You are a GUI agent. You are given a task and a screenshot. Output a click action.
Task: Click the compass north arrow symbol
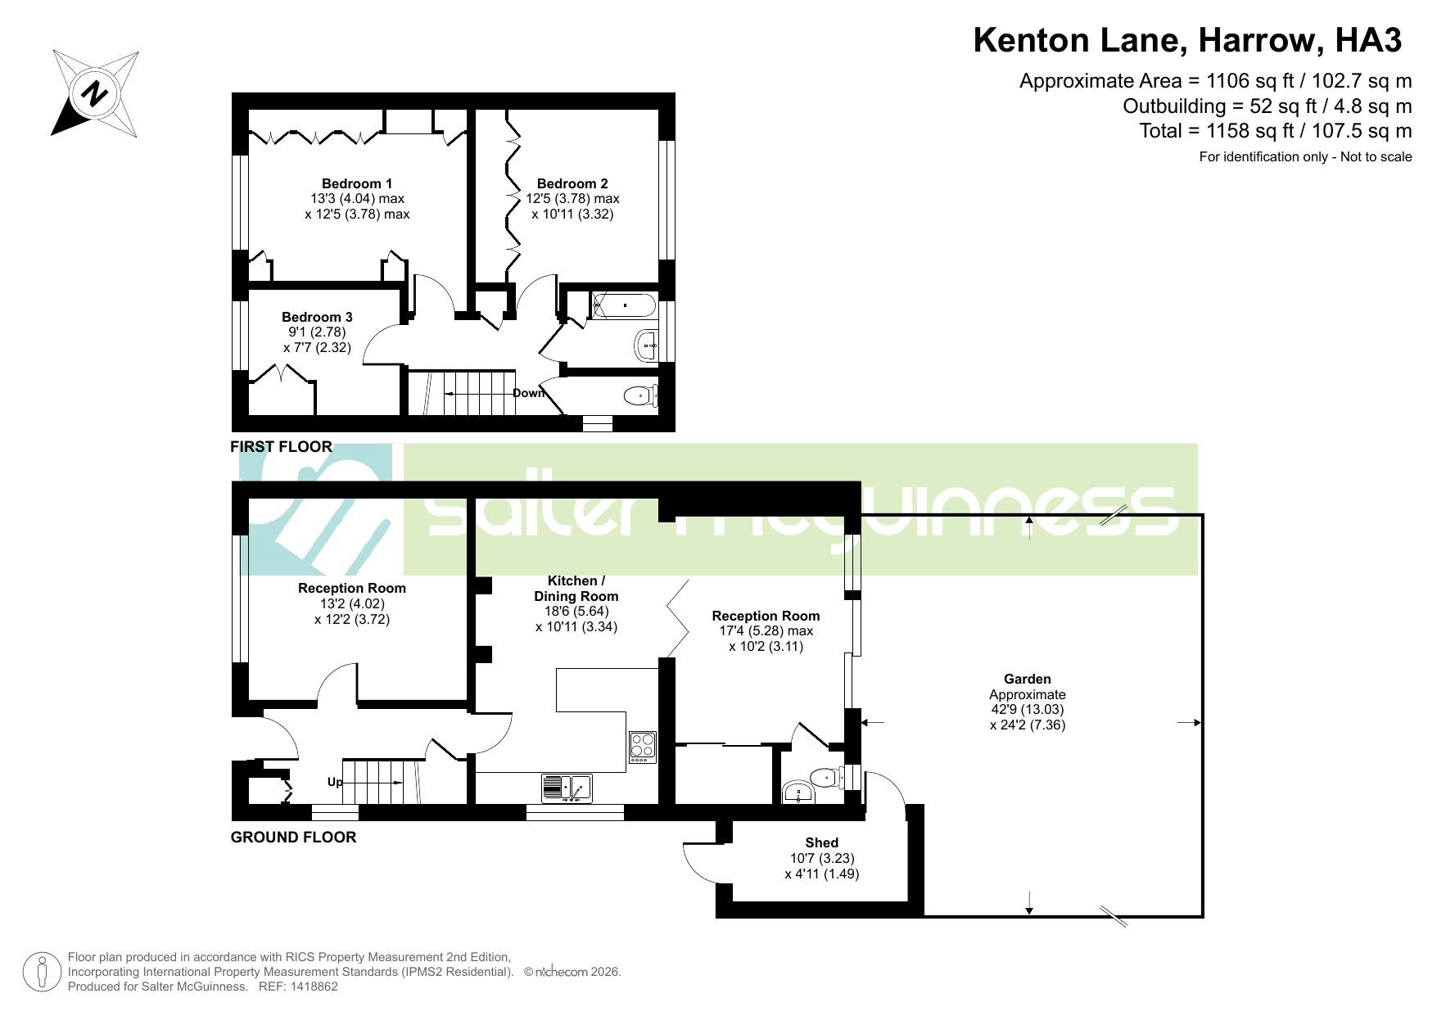click(x=95, y=93)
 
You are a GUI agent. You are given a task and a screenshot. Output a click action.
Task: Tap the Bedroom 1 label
click(x=357, y=183)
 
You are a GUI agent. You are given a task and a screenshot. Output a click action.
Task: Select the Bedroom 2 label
click(x=572, y=183)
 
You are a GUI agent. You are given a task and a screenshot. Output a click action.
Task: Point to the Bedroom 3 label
click(x=317, y=317)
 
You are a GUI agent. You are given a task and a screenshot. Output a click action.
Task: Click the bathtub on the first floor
click(x=624, y=305)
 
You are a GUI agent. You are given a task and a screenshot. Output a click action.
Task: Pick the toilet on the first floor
click(x=642, y=396)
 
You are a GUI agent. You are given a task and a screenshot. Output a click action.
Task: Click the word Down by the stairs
click(x=529, y=393)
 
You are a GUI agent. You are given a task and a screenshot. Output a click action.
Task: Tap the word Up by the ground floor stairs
click(x=335, y=782)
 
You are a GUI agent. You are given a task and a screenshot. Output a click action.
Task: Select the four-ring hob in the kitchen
click(x=643, y=747)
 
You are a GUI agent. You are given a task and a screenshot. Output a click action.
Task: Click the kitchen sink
click(x=567, y=788)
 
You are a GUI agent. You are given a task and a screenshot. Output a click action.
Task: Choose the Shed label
click(x=821, y=842)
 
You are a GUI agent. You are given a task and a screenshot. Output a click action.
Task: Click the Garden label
click(x=1028, y=679)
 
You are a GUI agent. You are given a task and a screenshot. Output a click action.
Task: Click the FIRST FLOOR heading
click(x=281, y=446)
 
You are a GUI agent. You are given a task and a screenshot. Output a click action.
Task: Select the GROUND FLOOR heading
click(x=293, y=837)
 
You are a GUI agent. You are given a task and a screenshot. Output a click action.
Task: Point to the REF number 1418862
click(x=311, y=987)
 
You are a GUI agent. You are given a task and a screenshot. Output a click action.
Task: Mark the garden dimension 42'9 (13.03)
click(x=1027, y=709)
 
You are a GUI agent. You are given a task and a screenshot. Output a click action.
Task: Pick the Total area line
click(x=1276, y=131)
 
